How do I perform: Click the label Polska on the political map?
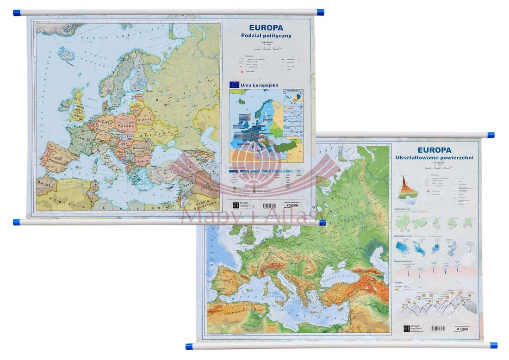(125, 126)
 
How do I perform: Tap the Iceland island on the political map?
(65, 54)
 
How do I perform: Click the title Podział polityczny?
(266, 36)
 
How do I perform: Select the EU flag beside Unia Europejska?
(234, 84)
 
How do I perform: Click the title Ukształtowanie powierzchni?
(435, 158)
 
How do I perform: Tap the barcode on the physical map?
(437, 328)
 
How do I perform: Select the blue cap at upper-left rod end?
(17, 12)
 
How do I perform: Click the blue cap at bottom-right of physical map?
(493, 345)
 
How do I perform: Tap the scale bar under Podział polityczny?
(266, 48)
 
